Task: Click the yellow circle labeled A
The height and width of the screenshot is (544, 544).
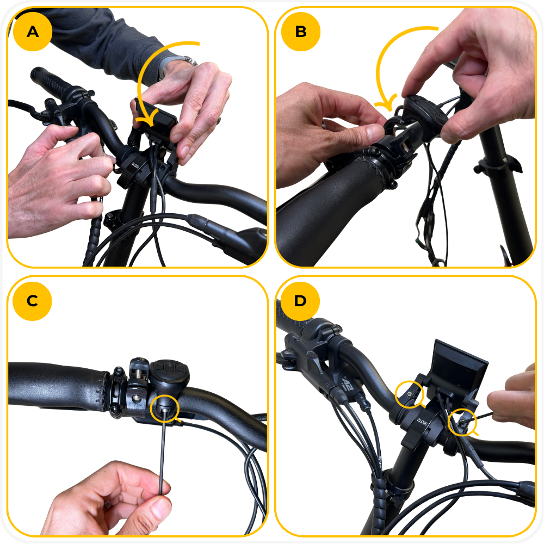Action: coord(33,32)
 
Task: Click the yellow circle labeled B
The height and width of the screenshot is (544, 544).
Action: coord(301,32)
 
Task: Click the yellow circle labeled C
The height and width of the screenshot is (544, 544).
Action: coord(32,301)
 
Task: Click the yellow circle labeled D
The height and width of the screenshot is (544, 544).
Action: coord(300,301)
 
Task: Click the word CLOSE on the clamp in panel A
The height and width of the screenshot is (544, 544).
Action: coord(135,166)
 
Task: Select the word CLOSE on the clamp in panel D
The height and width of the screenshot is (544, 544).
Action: coord(422,422)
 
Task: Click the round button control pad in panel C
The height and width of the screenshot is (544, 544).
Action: coord(169,374)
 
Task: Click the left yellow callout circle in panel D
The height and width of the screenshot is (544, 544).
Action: coord(410,394)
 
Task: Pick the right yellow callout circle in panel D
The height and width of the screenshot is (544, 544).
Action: coord(462,422)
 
